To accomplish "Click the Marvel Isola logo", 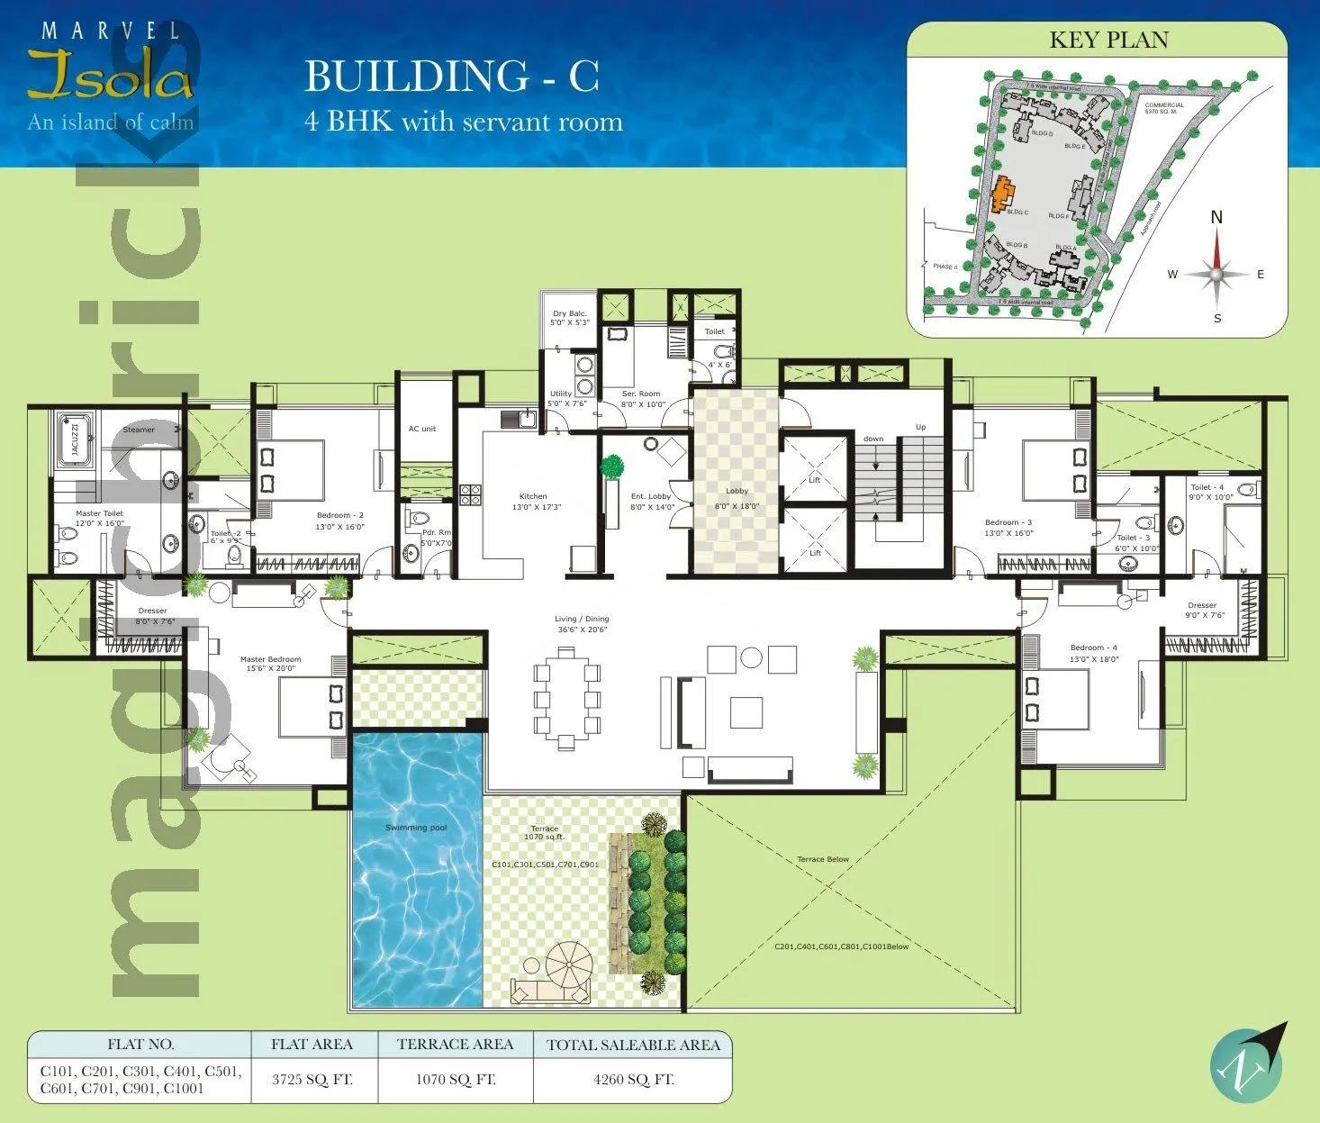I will point(110,77).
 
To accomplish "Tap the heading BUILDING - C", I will point(451,77).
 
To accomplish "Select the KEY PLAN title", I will point(1108,41).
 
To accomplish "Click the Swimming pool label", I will point(415,828).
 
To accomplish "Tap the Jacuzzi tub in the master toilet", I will point(76,439).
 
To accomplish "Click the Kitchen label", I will point(533,496).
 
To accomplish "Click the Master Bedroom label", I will point(270,659).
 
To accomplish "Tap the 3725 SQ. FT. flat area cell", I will point(312,1079).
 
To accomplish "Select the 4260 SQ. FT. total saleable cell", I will point(633,1079).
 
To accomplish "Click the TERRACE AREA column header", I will point(455,1045).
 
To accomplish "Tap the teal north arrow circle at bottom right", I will point(1246,1064).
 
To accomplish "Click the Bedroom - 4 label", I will point(1093,648).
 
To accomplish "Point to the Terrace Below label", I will point(822,859).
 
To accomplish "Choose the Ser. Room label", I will point(641,394).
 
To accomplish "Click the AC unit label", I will point(421,429).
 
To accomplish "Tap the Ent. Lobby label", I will point(650,496).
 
